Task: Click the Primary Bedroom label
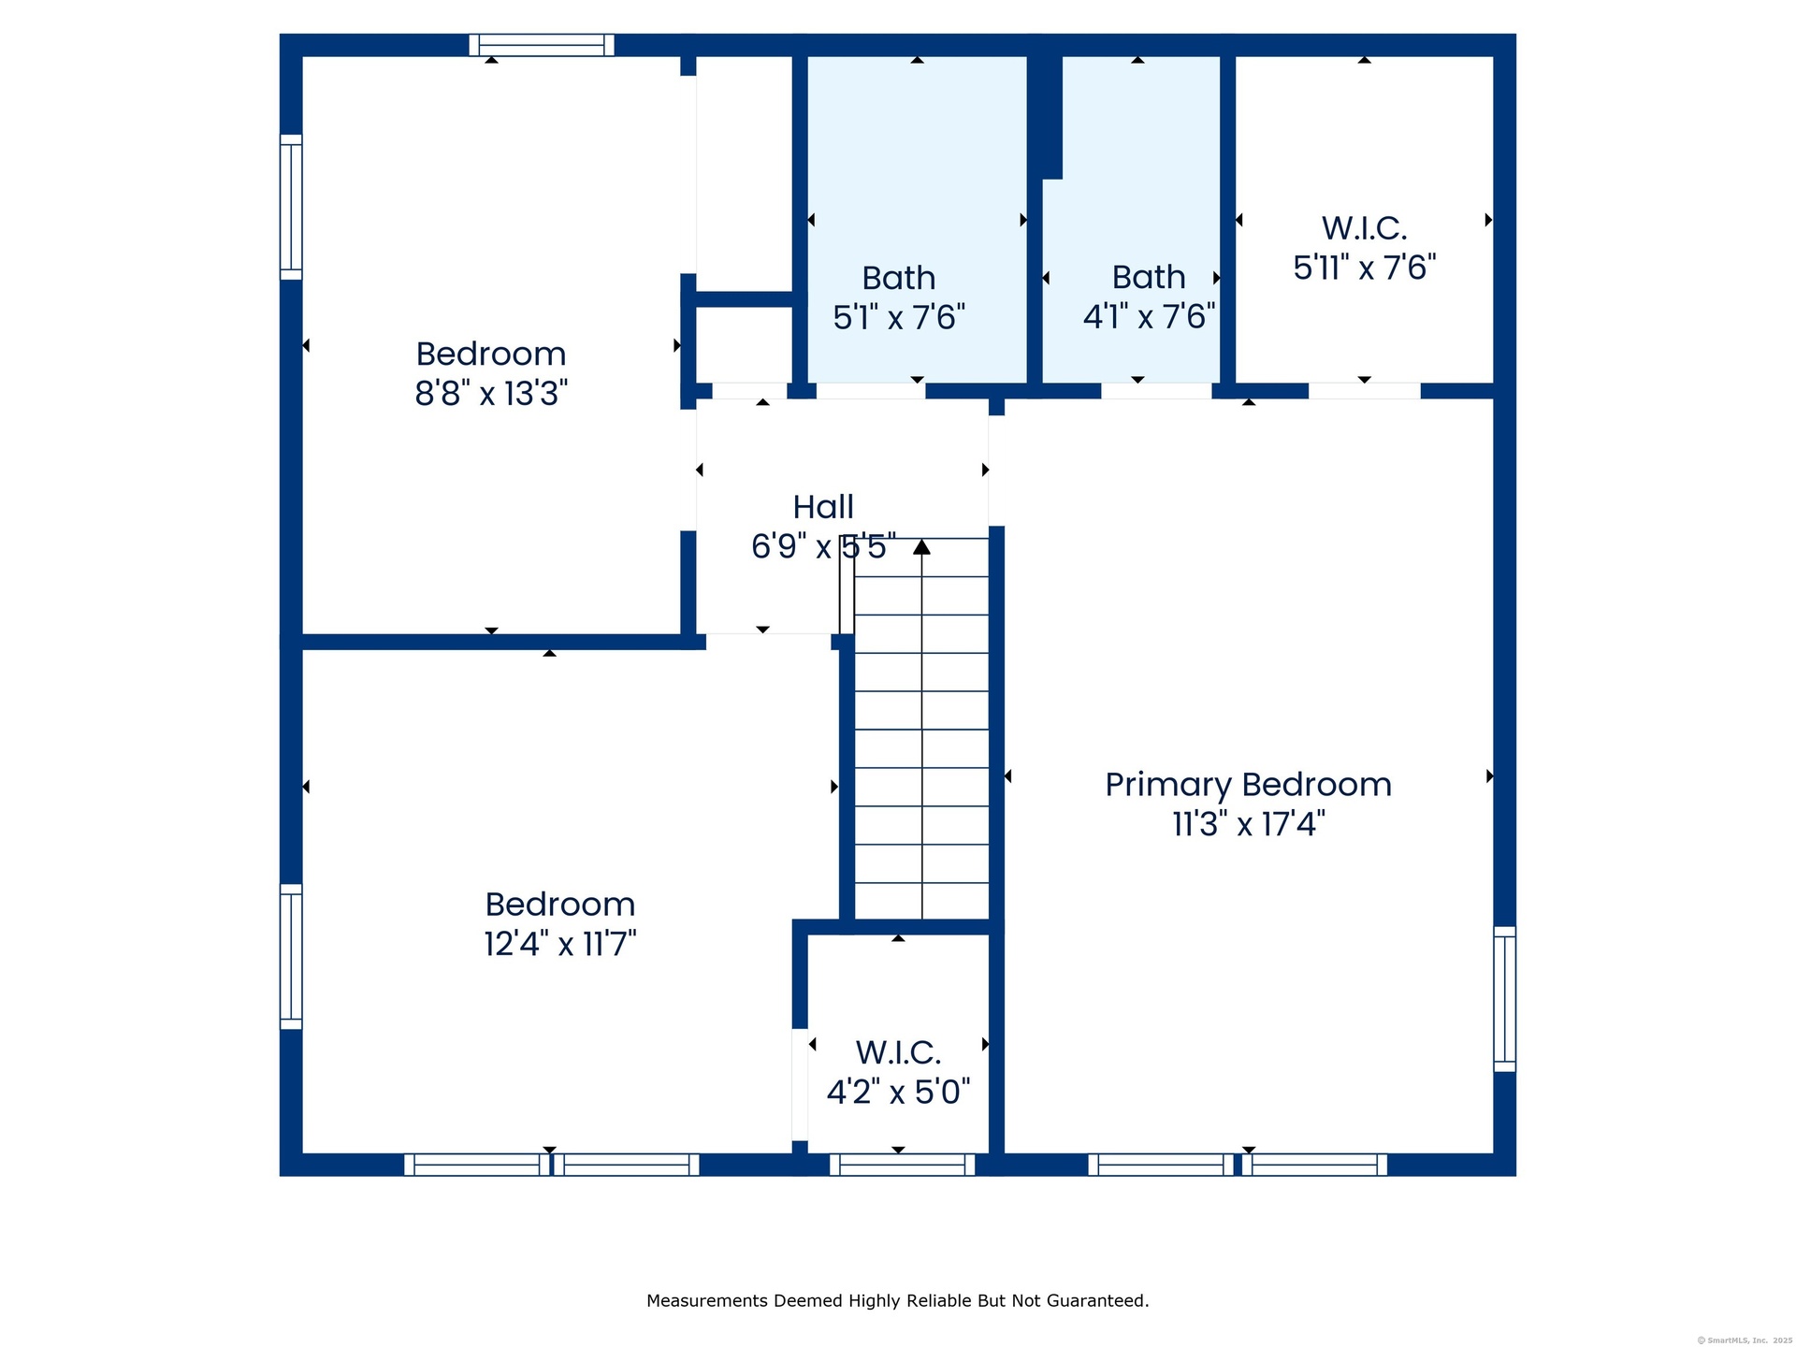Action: pyautogui.click(x=1248, y=785)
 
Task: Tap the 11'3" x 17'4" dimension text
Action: pyautogui.click(x=1248, y=824)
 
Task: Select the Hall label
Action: pyautogui.click(x=823, y=507)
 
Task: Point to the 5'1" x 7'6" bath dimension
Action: pyautogui.click(x=899, y=317)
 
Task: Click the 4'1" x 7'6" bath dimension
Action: pyautogui.click(x=1149, y=316)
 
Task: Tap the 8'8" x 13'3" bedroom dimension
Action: pyautogui.click(x=491, y=393)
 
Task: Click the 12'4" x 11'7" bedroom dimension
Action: pyautogui.click(x=560, y=943)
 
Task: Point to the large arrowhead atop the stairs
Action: pyautogui.click(x=921, y=546)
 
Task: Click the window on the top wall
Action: pyautogui.click(x=542, y=45)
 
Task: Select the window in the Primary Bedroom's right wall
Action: pyautogui.click(x=1504, y=999)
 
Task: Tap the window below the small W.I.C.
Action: pyautogui.click(x=902, y=1165)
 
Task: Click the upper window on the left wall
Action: pyautogui.click(x=291, y=207)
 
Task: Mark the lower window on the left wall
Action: pyautogui.click(x=291, y=957)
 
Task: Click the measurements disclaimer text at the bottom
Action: pyautogui.click(x=898, y=1300)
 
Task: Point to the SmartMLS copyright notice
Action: pyautogui.click(x=1745, y=1340)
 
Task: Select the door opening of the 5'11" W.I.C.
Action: pyautogui.click(x=1364, y=391)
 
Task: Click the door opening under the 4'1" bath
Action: pyautogui.click(x=1156, y=391)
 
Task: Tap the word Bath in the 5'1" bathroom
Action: pyautogui.click(x=898, y=278)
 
